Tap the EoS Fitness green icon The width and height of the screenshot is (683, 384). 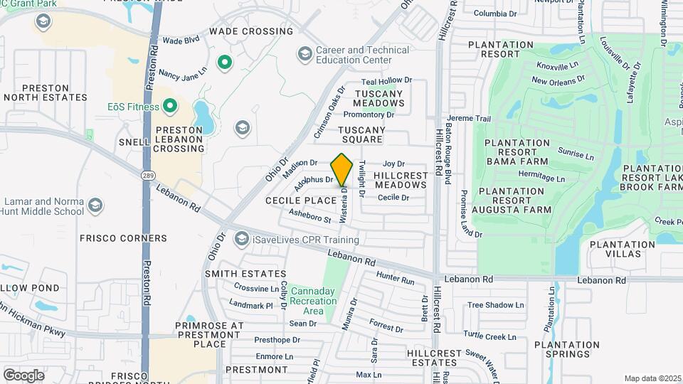(x=170, y=107)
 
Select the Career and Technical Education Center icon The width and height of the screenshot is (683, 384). (x=305, y=54)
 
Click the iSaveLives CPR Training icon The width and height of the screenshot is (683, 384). (x=242, y=239)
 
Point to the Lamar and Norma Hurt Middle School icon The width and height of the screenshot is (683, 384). (x=96, y=206)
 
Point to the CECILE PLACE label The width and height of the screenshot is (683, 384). (x=300, y=201)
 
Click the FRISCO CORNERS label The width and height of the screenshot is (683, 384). (x=123, y=238)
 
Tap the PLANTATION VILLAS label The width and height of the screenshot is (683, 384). (x=623, y=249)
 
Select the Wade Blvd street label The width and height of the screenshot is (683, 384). (x=181, y=41)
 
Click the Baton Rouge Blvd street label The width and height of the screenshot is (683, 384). (x=448, y=142)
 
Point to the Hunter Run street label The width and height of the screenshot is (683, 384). (x=395, y=277)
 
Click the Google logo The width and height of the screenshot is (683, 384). (x=23, y=375)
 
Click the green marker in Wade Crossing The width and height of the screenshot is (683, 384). (x=226, y=63)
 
